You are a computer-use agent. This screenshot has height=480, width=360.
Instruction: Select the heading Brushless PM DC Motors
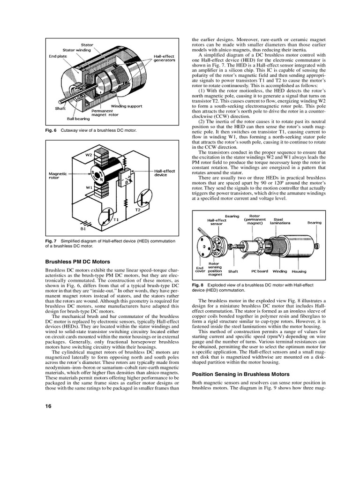coord(77,262)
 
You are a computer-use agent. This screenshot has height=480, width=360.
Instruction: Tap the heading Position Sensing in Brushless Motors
coord(241,374)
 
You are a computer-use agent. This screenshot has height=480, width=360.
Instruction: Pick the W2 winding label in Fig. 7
coord(89,154)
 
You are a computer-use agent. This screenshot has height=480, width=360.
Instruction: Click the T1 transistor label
coord(116,219)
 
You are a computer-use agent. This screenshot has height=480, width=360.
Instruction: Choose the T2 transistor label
coord(138,210)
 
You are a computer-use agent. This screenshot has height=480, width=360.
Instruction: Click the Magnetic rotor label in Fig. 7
coord(59,175)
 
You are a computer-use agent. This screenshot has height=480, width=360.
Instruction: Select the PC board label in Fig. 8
coord(259,271)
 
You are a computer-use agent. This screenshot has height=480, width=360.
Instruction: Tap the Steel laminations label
coord(280,221)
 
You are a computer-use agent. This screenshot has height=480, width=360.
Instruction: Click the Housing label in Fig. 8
coord(299,271)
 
